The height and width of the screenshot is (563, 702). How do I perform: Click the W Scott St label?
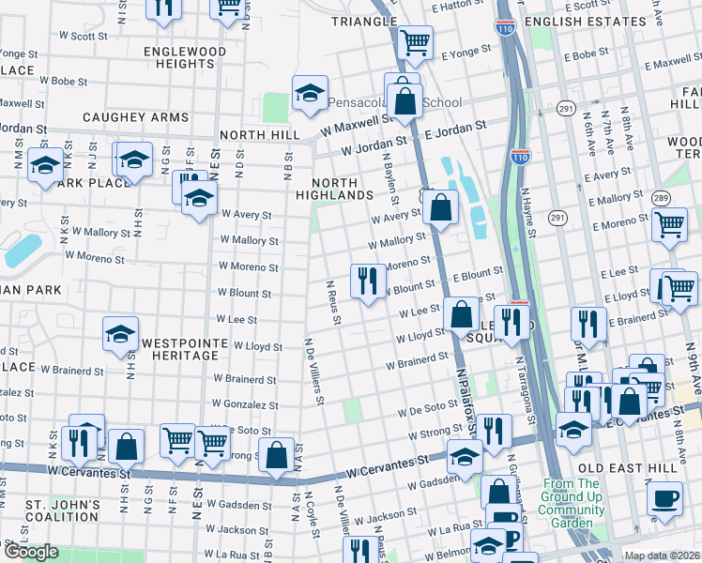click(x=84, y=37)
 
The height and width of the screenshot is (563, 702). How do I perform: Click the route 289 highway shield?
click(x=661, y=198)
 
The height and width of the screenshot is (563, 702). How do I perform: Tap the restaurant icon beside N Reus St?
click(x=368, y=280)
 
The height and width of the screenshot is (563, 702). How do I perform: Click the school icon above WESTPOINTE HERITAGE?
click(x=120, y=335)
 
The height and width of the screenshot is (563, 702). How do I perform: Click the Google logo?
click(x=31, y=552)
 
